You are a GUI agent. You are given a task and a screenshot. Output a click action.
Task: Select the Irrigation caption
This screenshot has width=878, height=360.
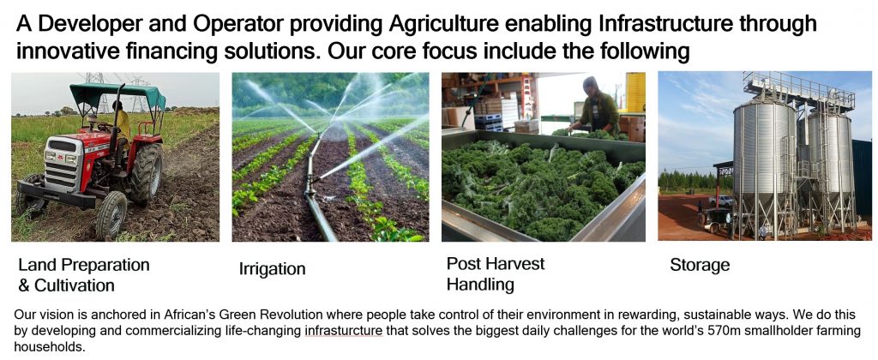pos(272,269)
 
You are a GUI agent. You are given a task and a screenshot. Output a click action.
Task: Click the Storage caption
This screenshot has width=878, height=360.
pos(700,265)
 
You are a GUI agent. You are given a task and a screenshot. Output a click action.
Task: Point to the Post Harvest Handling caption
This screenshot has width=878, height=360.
pos(496,273)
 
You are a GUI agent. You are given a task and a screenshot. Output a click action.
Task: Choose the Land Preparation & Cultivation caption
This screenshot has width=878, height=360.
pos(84,275)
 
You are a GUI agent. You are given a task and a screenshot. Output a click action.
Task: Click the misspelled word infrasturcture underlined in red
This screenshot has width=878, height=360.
pos(344,330)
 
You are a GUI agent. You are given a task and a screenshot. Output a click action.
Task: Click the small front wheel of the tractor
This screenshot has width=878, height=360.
pos(111,215)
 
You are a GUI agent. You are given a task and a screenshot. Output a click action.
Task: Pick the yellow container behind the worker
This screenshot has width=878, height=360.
pos(635,93)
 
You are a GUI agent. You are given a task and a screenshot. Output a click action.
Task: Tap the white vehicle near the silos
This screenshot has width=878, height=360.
pos(721,201)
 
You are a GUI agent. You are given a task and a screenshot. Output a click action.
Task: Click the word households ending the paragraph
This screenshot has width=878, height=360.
pos(49,347)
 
